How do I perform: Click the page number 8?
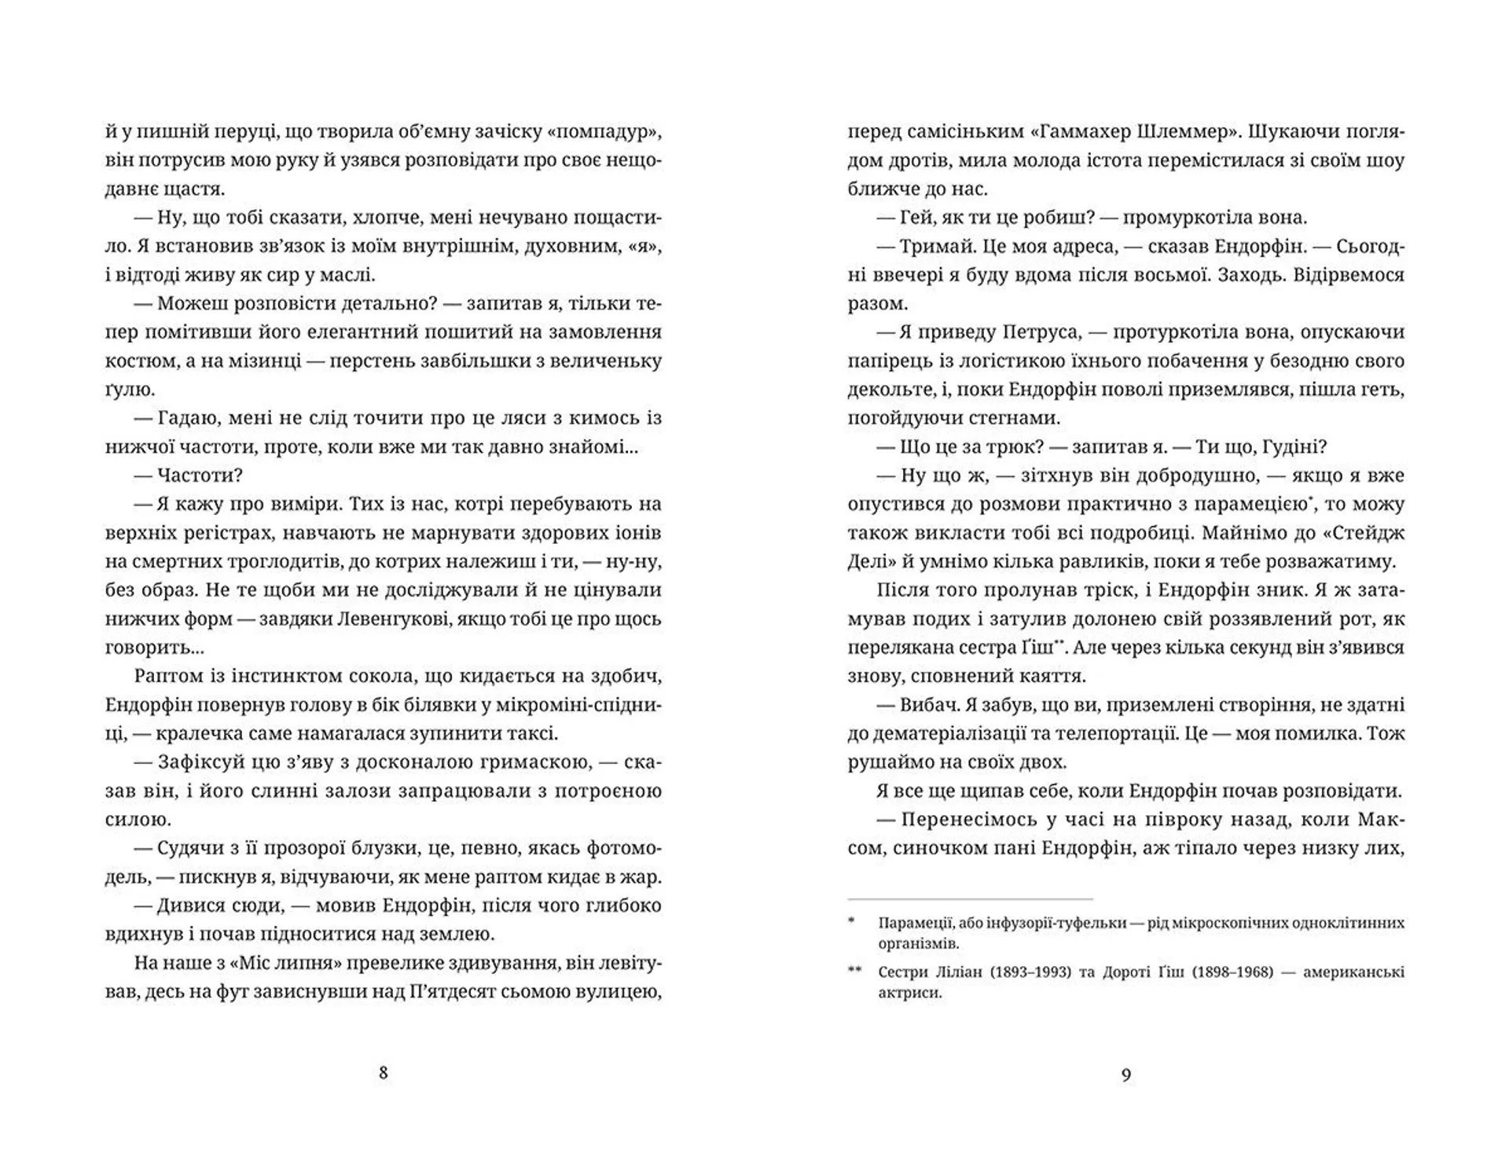click(383, 1073)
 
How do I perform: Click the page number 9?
click(1125, 1075)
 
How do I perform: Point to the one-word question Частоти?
click(200, 476)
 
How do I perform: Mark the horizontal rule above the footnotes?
click(970, 898)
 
